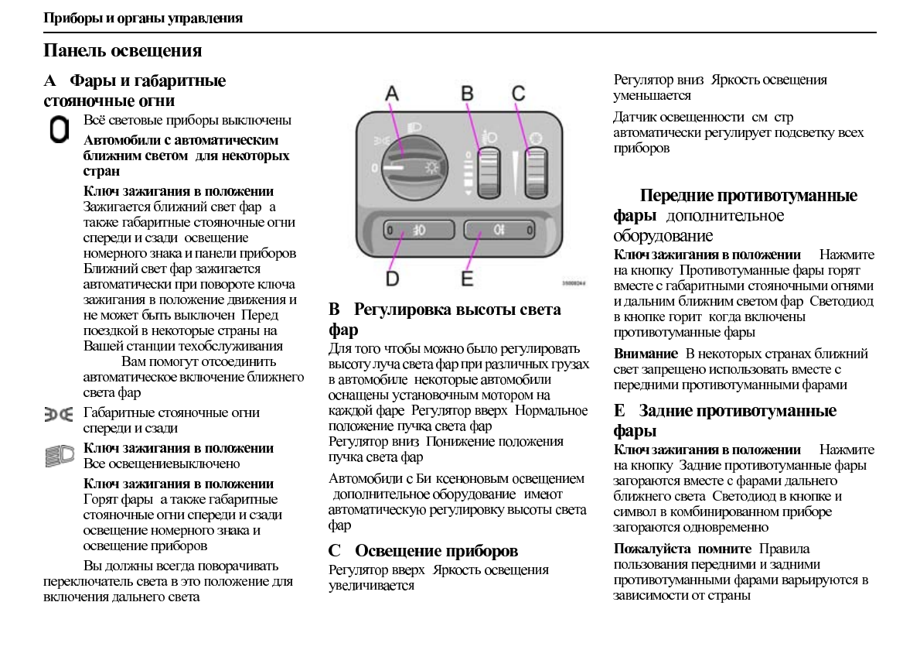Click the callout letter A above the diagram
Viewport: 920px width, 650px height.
392,94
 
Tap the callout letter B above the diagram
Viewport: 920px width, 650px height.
467,94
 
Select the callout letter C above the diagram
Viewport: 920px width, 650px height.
518,94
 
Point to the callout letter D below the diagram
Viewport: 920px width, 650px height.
393,277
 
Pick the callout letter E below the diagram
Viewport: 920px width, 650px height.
467,277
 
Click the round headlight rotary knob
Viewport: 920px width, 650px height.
406,165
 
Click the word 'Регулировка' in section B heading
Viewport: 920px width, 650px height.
403,310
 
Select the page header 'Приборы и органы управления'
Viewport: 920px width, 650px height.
143,18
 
